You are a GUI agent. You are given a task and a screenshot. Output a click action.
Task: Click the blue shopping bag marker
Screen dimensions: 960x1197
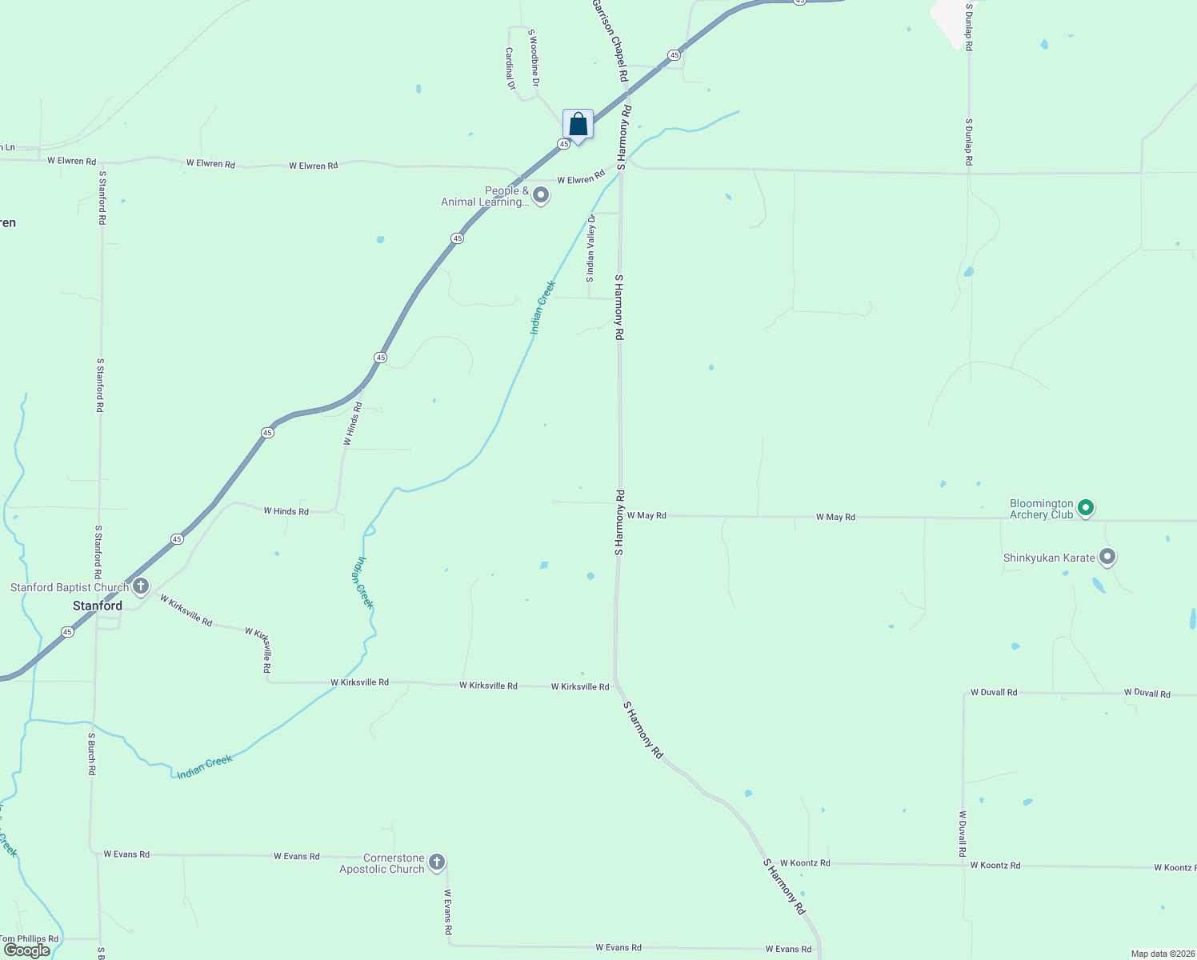point(578,125)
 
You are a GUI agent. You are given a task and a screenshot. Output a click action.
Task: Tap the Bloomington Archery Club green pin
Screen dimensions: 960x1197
point(1086,507)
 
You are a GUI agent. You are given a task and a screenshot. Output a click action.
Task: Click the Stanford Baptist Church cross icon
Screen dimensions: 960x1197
point(141,586)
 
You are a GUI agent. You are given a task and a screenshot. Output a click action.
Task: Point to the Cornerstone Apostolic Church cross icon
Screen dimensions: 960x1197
point(436,862)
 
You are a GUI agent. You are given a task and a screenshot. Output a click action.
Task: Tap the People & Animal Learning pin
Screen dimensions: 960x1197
point(541,195)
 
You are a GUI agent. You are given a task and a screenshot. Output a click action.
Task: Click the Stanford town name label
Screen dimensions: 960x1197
point(98,606)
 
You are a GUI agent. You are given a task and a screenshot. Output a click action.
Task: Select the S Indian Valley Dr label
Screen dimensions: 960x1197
point(590,249)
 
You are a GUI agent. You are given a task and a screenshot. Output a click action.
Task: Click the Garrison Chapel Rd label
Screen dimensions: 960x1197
point(610,40)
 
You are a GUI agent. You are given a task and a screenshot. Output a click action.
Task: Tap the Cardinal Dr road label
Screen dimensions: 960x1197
point(510,68)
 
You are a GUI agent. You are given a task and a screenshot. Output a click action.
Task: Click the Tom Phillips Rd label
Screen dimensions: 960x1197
point(29,938)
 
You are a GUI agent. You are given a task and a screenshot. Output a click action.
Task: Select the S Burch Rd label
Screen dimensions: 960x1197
point(92,754)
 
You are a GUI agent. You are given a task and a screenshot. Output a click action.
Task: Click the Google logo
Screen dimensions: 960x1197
point(26,950)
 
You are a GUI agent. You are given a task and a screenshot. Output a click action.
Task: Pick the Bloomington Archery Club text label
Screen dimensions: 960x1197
point(1041,509)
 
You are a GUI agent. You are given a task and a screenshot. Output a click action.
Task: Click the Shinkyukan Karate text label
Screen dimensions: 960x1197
point(1049,558)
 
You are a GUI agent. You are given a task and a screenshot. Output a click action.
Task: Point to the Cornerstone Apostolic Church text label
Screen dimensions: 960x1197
point(382,863)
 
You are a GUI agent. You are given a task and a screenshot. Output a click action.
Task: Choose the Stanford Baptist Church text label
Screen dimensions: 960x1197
point(70,587)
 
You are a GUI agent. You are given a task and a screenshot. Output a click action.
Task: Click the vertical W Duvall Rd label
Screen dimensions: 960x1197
point(963,834)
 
